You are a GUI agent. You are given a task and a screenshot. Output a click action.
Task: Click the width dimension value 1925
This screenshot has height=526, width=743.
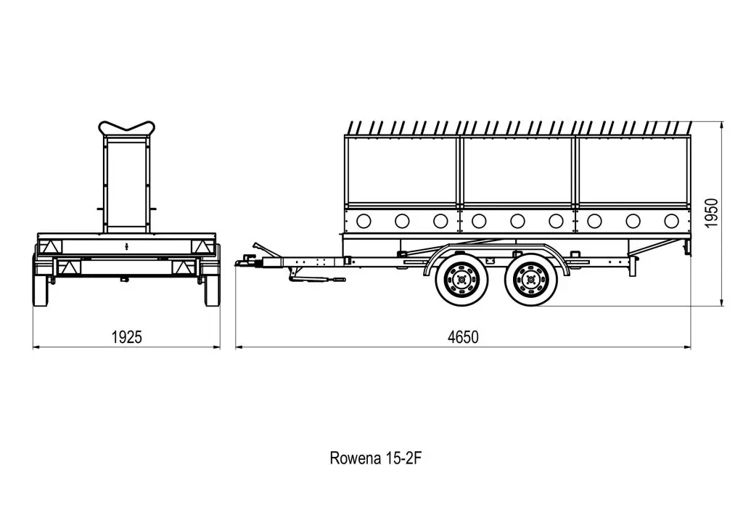point(126,337)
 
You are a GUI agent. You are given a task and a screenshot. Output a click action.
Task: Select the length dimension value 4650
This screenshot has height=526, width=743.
point(463,337)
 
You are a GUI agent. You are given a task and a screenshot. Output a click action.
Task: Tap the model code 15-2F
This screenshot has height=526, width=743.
point(406,458)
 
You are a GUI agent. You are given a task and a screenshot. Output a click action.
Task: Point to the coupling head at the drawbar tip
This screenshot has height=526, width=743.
point(244,260)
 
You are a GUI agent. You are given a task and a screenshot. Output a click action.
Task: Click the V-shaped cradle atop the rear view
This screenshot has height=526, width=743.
point(126,130)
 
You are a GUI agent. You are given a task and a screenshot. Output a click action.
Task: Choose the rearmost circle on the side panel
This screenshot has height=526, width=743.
point(671,221)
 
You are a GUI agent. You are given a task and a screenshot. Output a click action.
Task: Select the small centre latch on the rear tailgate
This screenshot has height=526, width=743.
point(126,246)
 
